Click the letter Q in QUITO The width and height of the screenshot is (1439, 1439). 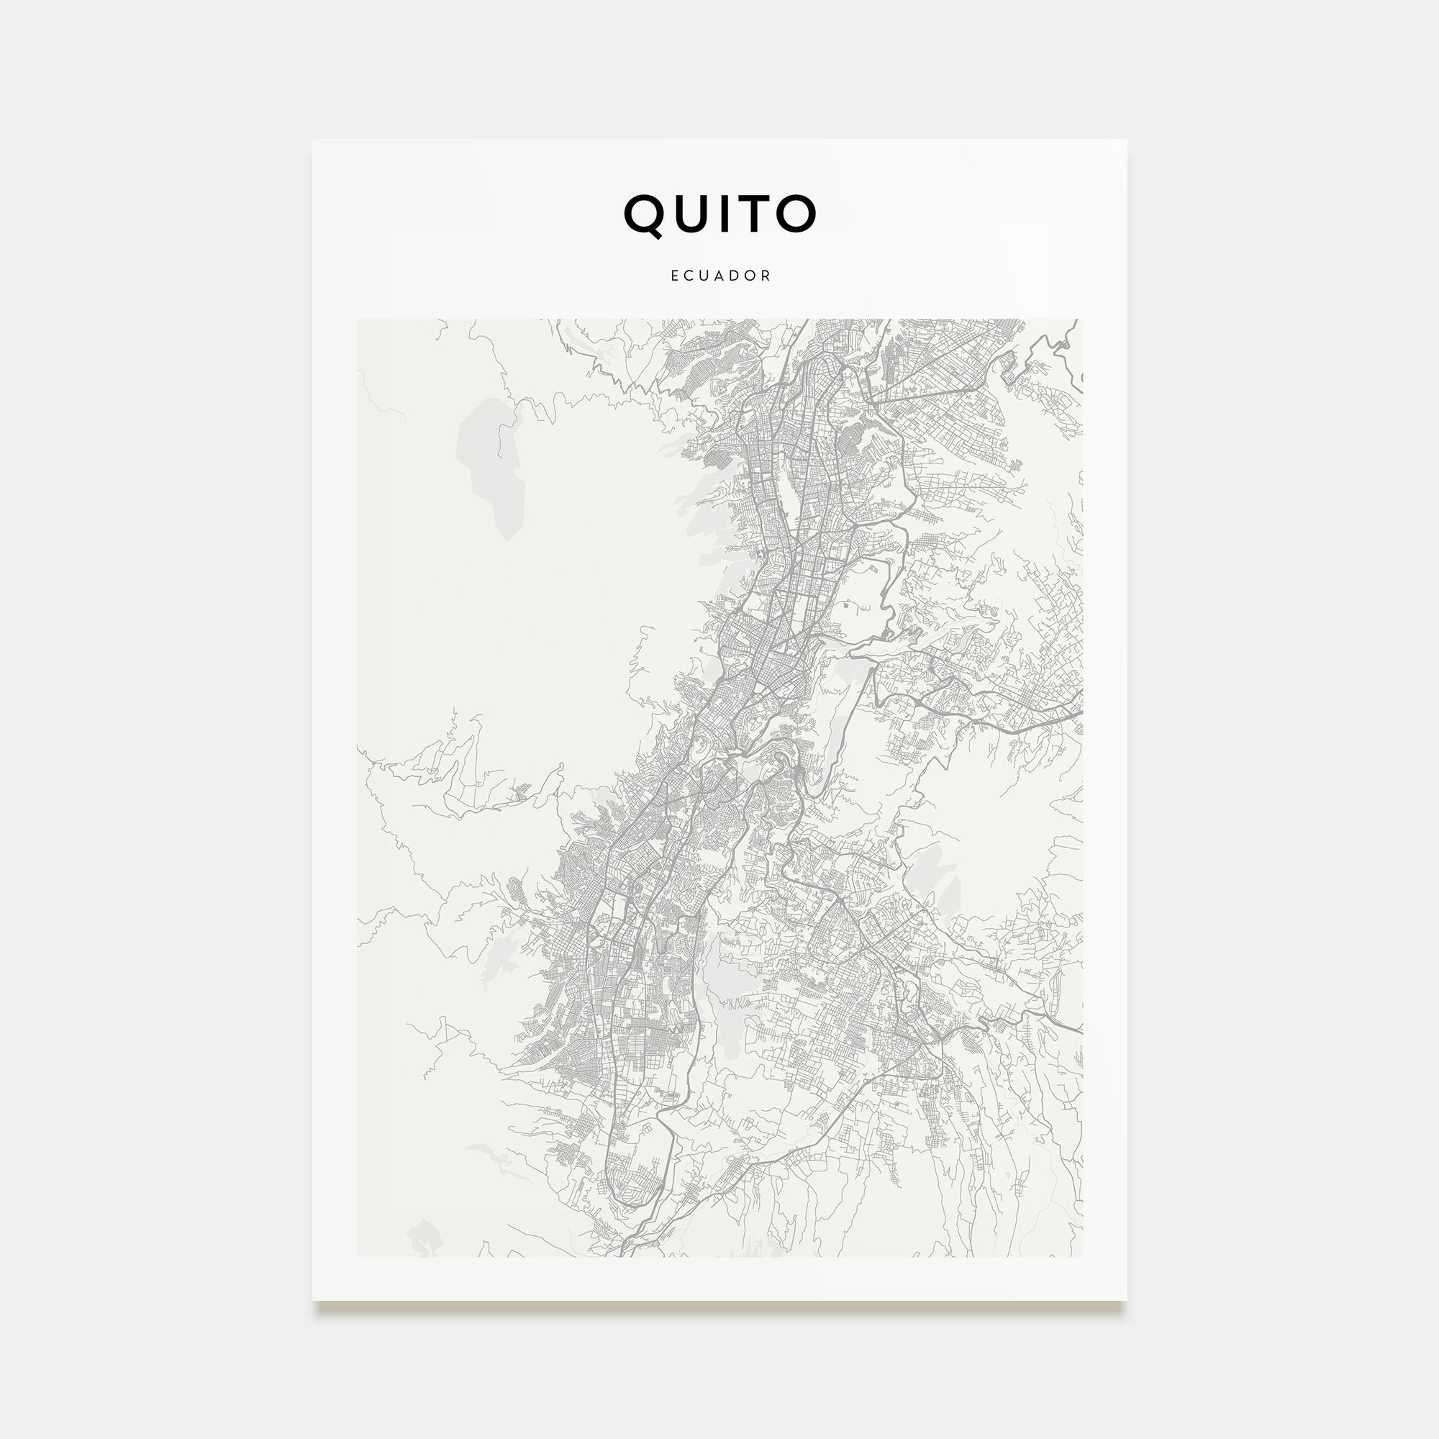pos(644,214)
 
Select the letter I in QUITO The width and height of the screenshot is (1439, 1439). pos(728,214)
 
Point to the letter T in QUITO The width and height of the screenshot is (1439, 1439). pos(758,214)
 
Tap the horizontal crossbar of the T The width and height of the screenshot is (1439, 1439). pos(758,198)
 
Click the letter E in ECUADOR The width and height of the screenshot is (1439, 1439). pos(675,276)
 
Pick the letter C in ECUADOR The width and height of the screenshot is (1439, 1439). pos(690,276)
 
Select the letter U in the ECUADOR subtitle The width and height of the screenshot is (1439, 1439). pos(705,276)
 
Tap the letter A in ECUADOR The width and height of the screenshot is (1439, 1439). pos(720,276)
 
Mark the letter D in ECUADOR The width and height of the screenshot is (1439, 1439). pos(736,276)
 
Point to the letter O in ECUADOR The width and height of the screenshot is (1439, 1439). pos(752,276)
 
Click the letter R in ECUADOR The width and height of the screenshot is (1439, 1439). pos(767,276)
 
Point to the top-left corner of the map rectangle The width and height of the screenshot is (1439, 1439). pos(358,319)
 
